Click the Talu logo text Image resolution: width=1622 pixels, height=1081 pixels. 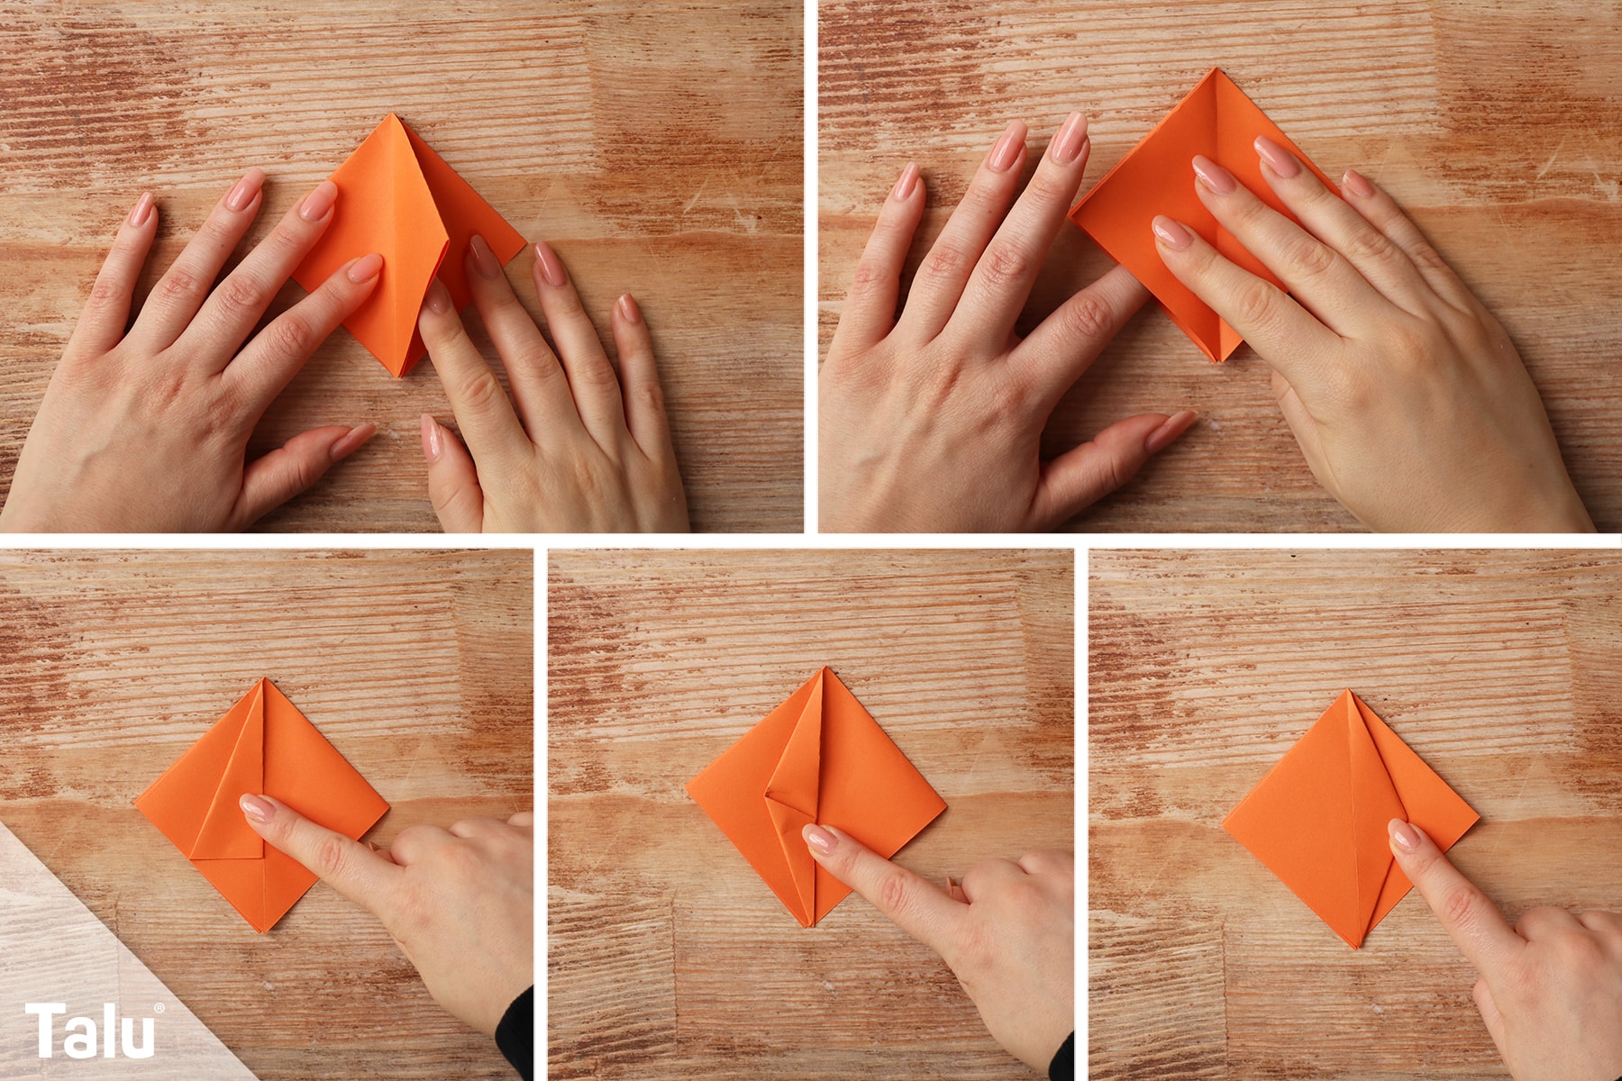click(90, 1031)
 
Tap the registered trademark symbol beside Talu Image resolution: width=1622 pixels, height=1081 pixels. click(159, 1007)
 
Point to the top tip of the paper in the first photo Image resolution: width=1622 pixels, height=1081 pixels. click(393, 114)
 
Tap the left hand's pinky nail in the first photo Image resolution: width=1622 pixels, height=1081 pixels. click(142, 211)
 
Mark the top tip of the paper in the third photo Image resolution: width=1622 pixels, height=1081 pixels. click(264, 680)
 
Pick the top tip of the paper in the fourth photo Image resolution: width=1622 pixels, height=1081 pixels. click(824, 669)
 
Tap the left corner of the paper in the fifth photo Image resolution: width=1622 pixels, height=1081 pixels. click(1224, 821)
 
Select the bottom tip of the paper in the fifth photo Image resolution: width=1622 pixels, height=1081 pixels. click(1356, 947)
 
